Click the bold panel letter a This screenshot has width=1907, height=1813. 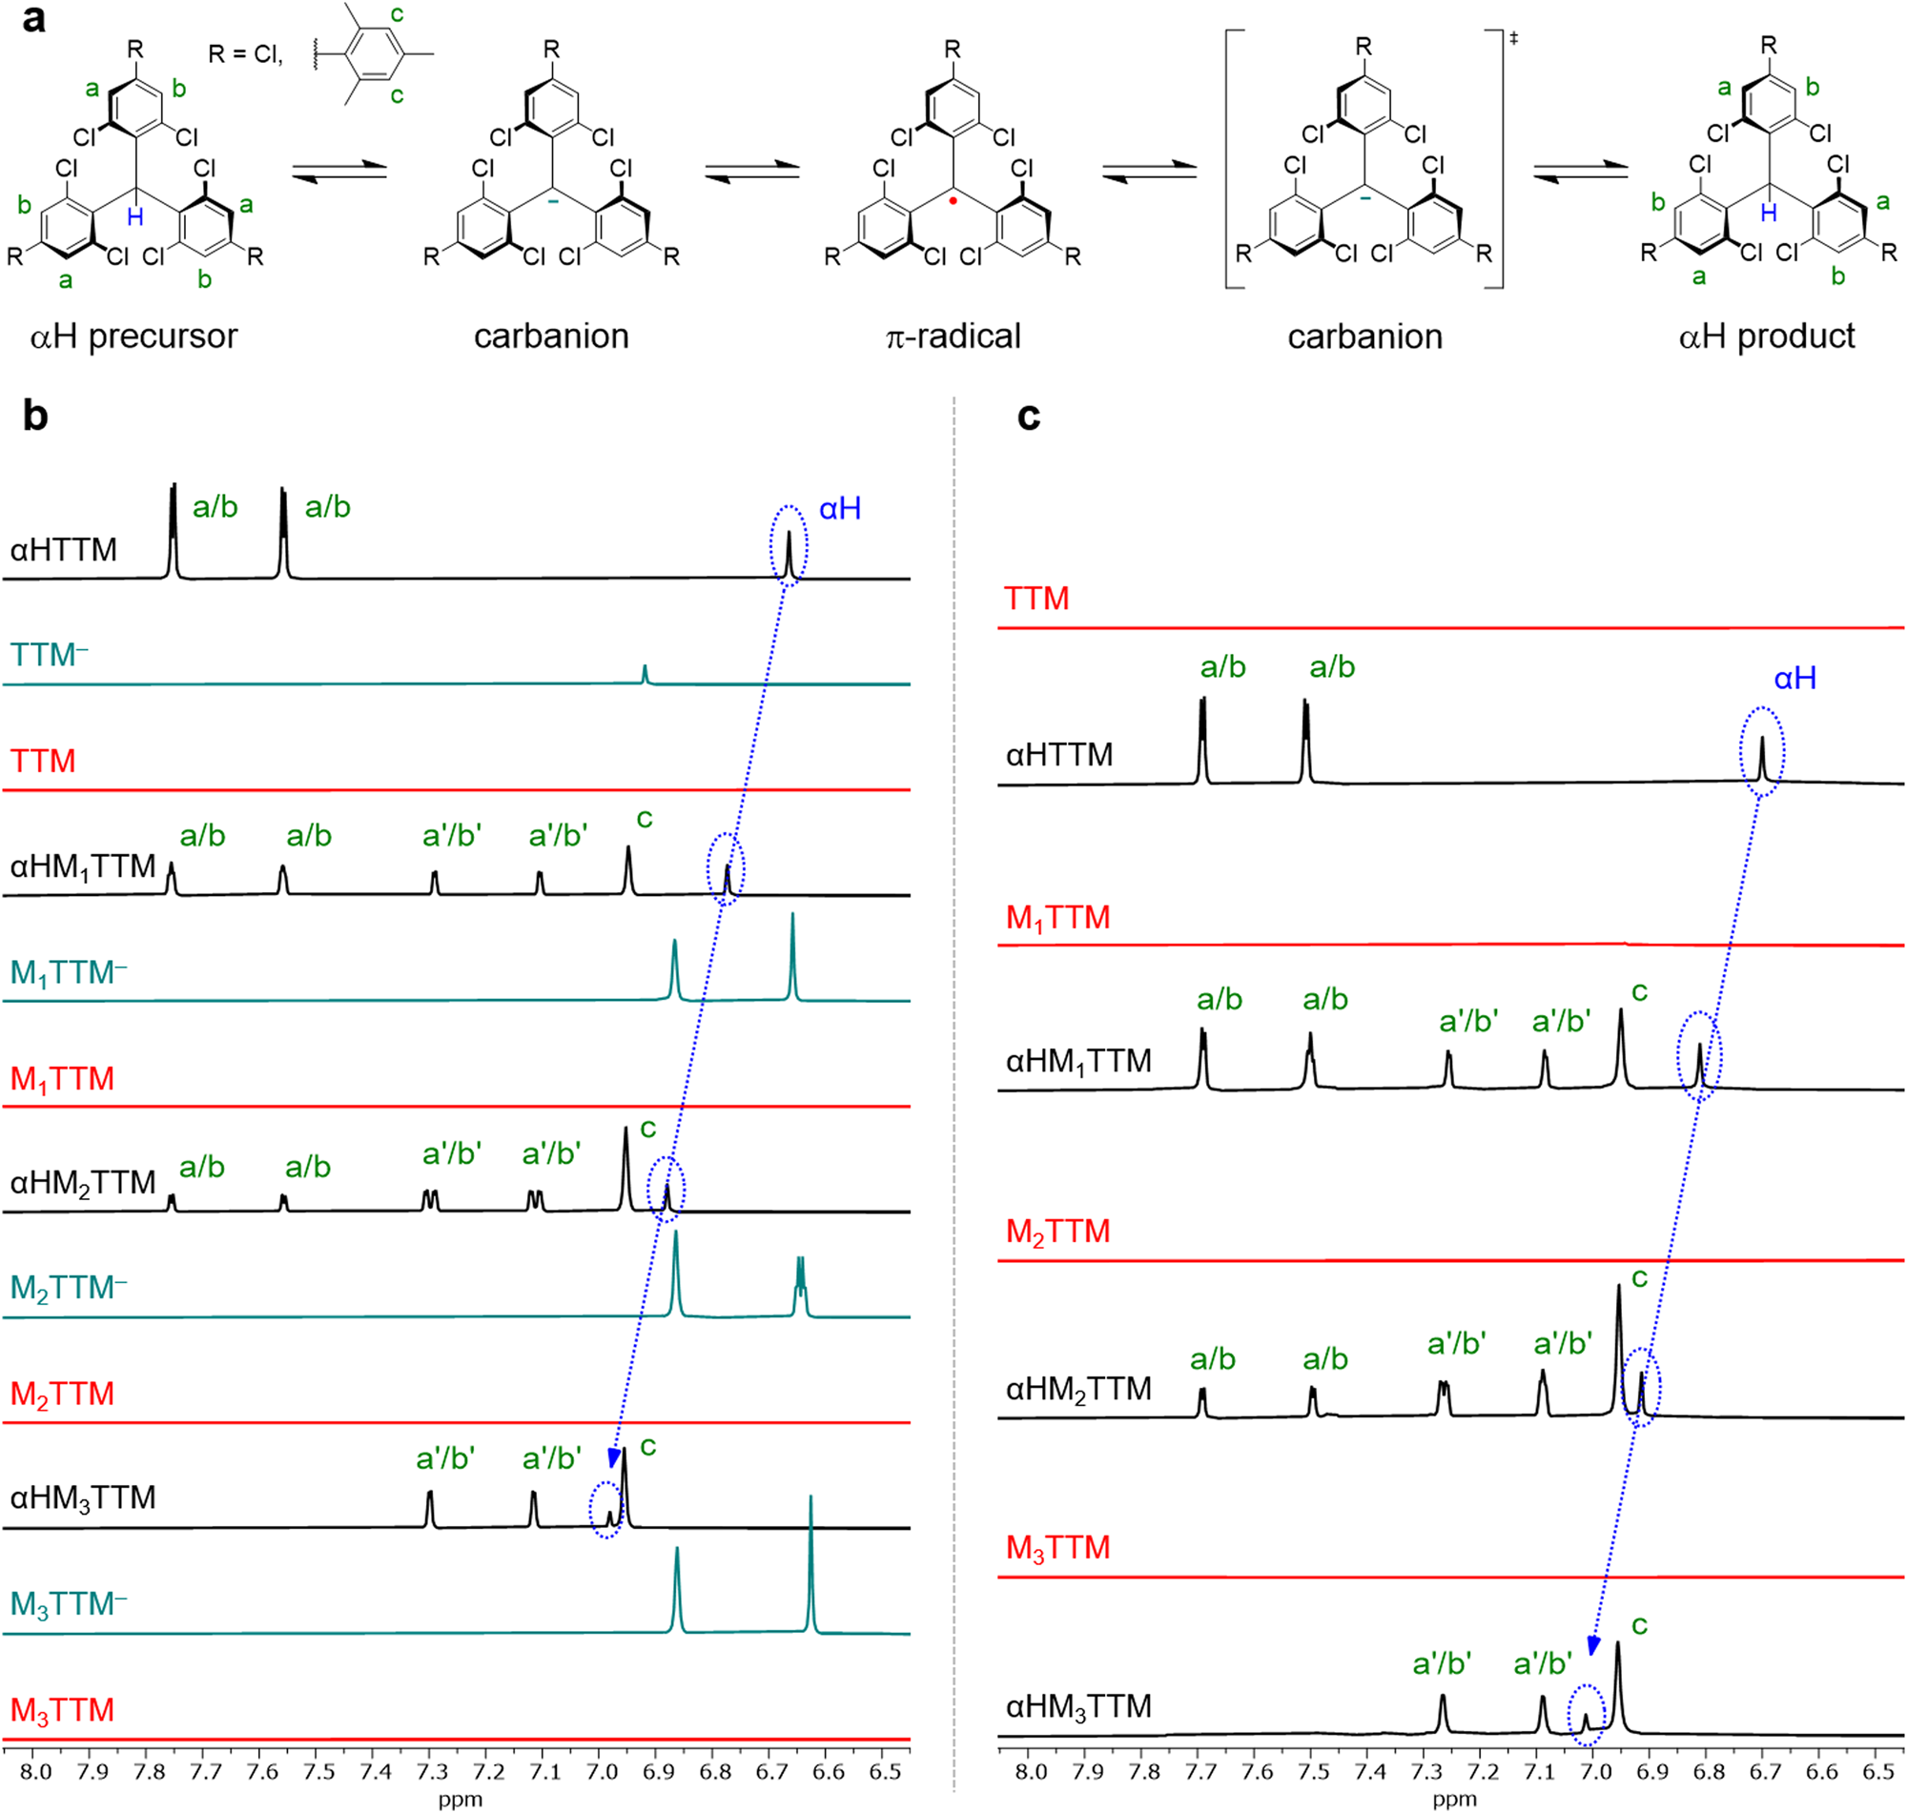click(33, 19)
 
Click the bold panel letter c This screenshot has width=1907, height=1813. click(1029, 416)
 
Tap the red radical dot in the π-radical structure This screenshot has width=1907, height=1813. click(953, 201)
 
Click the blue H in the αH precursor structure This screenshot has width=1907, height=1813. click(135, 216)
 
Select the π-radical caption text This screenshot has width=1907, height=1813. click(953, 336)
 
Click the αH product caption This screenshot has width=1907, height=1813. click(1767, 336)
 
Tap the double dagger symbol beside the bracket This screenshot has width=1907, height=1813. click(1513, 38)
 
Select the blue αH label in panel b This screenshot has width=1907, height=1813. click(839, 508)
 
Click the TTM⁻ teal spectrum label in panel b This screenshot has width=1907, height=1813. click(50, 655)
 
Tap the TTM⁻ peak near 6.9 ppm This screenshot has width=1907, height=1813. click(646, 674)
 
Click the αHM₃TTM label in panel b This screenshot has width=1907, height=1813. click(83, 1498)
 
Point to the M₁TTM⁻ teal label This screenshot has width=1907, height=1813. click(69, 972)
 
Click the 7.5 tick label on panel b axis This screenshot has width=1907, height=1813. click(318, 1771)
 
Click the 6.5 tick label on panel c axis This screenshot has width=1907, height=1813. click(1877, 1771)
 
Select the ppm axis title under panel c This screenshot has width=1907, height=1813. click(1454, 1799)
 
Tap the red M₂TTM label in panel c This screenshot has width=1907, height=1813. click(1057, 1232)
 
